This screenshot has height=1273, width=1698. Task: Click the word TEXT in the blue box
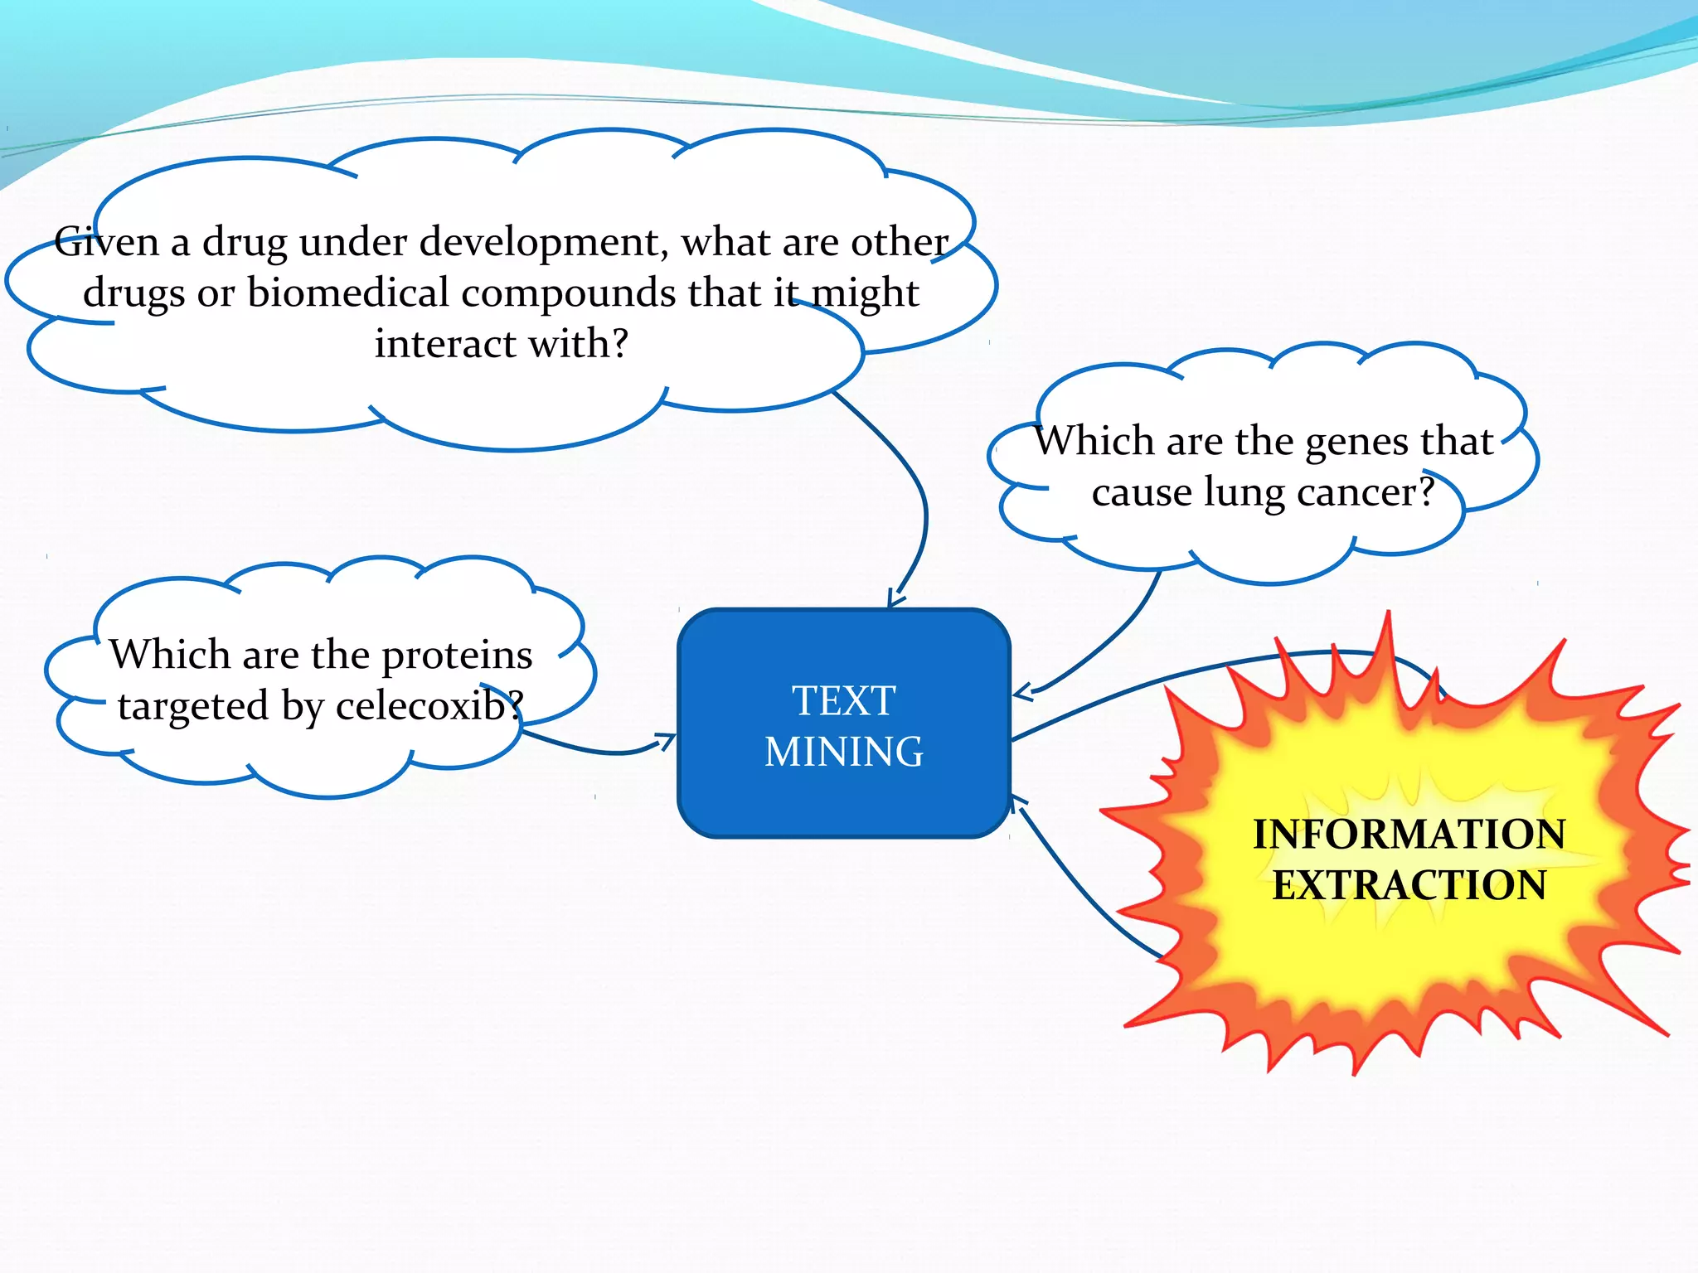[x=843, y=701]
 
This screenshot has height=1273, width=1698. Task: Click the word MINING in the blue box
[x=843, y=753]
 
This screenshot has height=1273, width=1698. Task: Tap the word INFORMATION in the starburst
[x=1409, y=835]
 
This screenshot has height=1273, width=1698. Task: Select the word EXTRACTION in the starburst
[x=1409, y=885]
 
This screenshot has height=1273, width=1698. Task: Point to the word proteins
[x=457, y=656]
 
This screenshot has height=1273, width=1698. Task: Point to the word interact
[x=445, y=344]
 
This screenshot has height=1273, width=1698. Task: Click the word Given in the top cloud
[x=106, y=242]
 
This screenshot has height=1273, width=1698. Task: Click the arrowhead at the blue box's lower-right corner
[x=1016, y=802]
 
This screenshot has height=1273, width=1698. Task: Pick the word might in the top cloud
[x=864, y=294]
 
